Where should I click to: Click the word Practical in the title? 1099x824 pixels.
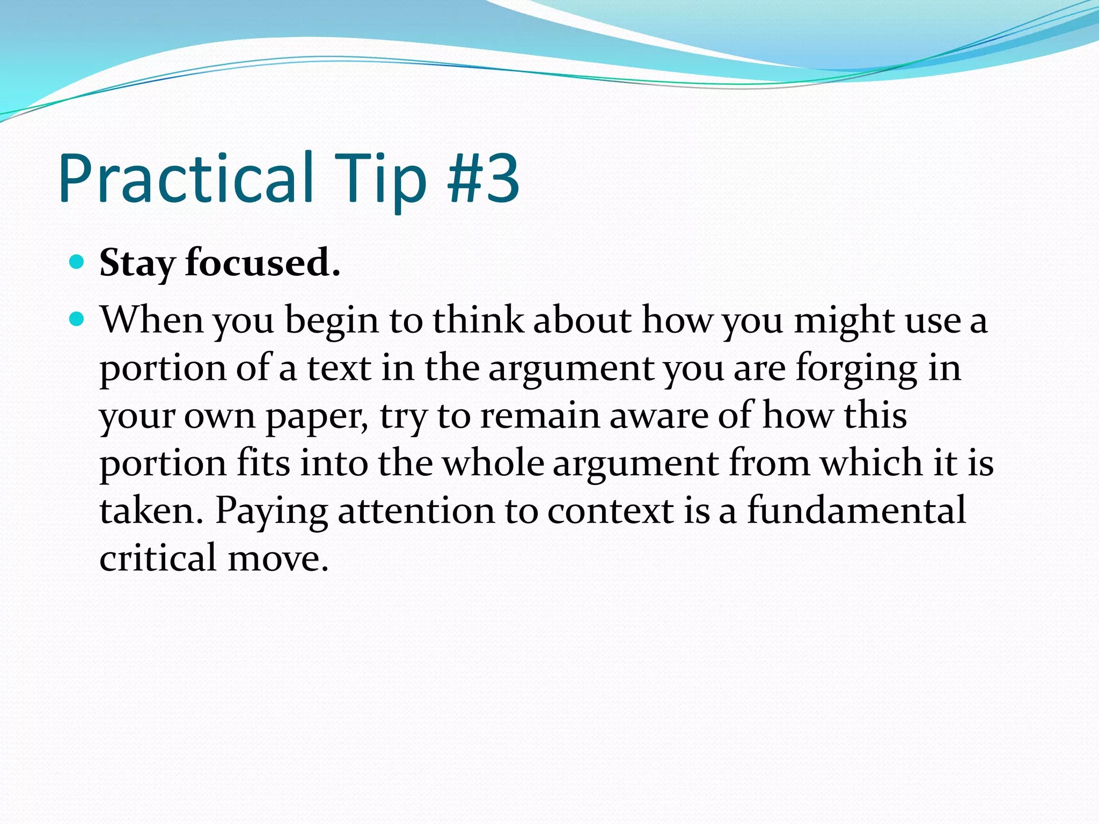click(186, 178)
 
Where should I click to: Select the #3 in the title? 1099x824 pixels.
click(483, 178)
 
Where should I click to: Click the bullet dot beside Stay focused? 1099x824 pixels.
click(77, 262)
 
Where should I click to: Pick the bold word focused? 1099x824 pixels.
click(262, 263)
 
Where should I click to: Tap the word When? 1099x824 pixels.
click(152, 320)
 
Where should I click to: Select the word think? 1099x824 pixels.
click(478, 320)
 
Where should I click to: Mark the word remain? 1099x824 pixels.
click(539, 416)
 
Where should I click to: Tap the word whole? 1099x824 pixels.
click(493, 463)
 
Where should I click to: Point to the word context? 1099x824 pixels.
click(610, 511)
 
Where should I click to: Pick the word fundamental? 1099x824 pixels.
click(856, 510)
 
